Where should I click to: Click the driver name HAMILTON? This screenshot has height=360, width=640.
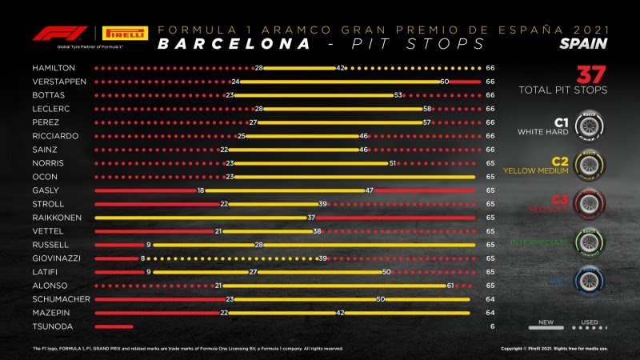pos(50,69)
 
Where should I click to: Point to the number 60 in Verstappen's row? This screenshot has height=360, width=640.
pos(444,82)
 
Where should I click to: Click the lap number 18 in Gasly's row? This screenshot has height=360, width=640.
pos(201,191)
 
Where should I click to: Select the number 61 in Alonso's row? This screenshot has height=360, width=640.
pos(450,286)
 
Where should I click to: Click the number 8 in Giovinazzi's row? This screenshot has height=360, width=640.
pos(143,259)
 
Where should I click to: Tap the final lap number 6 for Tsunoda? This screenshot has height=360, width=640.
pos(490,327)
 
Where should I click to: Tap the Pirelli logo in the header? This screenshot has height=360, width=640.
pos(124,34)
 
